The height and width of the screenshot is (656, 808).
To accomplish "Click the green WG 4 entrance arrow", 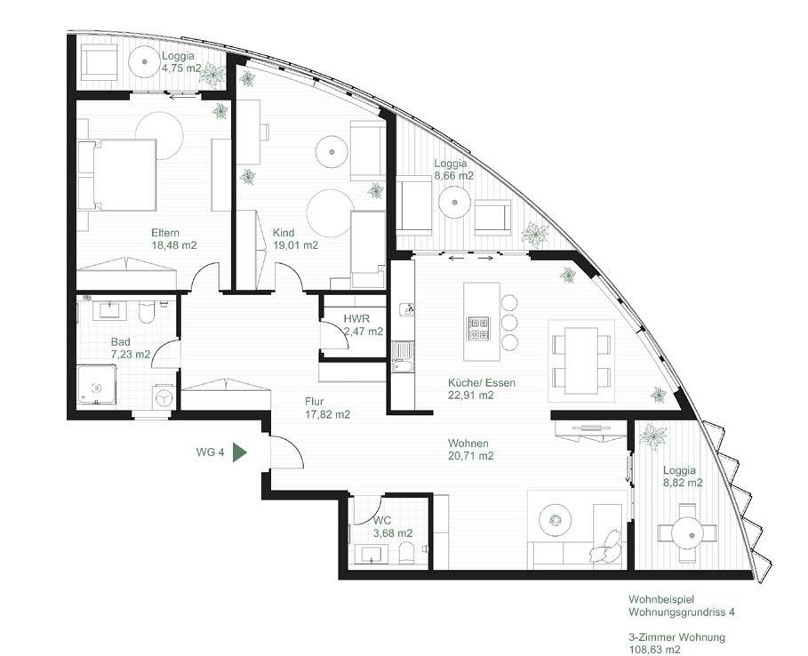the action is pyautogui.click(x=240, y=452).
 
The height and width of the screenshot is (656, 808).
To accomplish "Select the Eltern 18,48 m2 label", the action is pyautogui.click(x=173, y=239).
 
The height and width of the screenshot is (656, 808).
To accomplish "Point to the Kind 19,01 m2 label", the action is pyautogui.click(x=295, y=239).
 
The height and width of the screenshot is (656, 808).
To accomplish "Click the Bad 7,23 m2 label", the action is pyautogui.click(x=131, y=348).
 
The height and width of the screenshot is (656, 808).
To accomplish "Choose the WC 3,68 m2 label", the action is pyautogui.click(x=393, y=526).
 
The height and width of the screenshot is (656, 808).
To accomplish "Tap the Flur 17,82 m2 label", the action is pyautogui.click(x=327, y=408).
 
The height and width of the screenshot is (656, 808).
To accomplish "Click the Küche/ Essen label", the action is pyautogui.click(x=481, y=383).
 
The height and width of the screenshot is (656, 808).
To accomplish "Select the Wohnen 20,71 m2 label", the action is pyautogui.click(x=471, y=450).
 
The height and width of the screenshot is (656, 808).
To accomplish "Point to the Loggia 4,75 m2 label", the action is pyautogui.click(x=181, y=62).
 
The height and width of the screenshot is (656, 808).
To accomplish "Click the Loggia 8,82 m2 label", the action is pyautogui.click(x=683, y=476).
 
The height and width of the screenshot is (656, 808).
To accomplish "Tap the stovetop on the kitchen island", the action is pyautogui.click(x=479, y=329).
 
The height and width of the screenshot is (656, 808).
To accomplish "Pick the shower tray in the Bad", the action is pyautogui.click(x=96, y=385).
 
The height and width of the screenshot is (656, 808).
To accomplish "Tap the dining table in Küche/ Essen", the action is pyautogui.click(x=580, y=360).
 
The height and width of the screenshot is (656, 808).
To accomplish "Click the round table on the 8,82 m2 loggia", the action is pyautogui.click(x=687, y=532).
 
